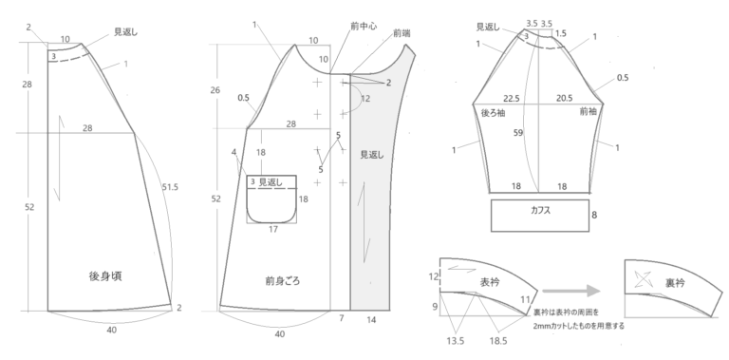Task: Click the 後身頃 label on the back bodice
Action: coord(105,276)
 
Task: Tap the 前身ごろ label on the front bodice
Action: coord(283,281)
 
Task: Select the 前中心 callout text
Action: coord(364,26)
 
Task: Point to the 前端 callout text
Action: coord(402,33)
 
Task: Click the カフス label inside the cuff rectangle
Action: coord(541,210)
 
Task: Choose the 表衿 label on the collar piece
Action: coord(490,282)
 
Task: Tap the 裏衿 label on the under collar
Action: coord(675,283)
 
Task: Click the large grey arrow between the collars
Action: coord(571,292)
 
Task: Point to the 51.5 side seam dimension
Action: coord(170,187)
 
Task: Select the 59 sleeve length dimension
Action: coord(518,133)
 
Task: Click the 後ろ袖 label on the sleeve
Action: coord(494,112)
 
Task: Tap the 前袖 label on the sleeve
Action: coord(589,111)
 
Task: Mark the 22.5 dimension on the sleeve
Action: coord(512,99)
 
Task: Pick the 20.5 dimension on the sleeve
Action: coord(565,98)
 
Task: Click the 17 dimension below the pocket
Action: coord(273,229)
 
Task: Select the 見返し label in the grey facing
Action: coord(372,155)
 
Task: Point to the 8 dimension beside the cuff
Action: coord(594,215)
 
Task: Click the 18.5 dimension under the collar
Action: coord(498,341)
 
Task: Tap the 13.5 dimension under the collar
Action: coord(456,341)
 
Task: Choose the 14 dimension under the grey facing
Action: coord(371,319)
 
